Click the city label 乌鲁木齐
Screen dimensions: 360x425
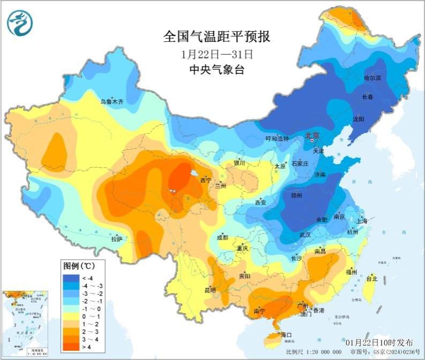112,101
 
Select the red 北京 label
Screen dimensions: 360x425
311,135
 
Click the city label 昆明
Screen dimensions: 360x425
210,290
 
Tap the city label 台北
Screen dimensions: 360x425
371,278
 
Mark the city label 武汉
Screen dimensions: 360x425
306,234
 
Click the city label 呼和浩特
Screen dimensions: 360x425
277,139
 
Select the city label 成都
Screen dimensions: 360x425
222,237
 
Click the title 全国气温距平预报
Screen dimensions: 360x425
217,37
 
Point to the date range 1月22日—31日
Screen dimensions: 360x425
217,54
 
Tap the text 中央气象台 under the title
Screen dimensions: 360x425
217,70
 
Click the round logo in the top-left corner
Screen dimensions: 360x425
20,23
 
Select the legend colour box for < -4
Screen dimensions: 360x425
71,278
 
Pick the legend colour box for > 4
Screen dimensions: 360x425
71,348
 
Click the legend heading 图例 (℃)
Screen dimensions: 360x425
79,266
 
